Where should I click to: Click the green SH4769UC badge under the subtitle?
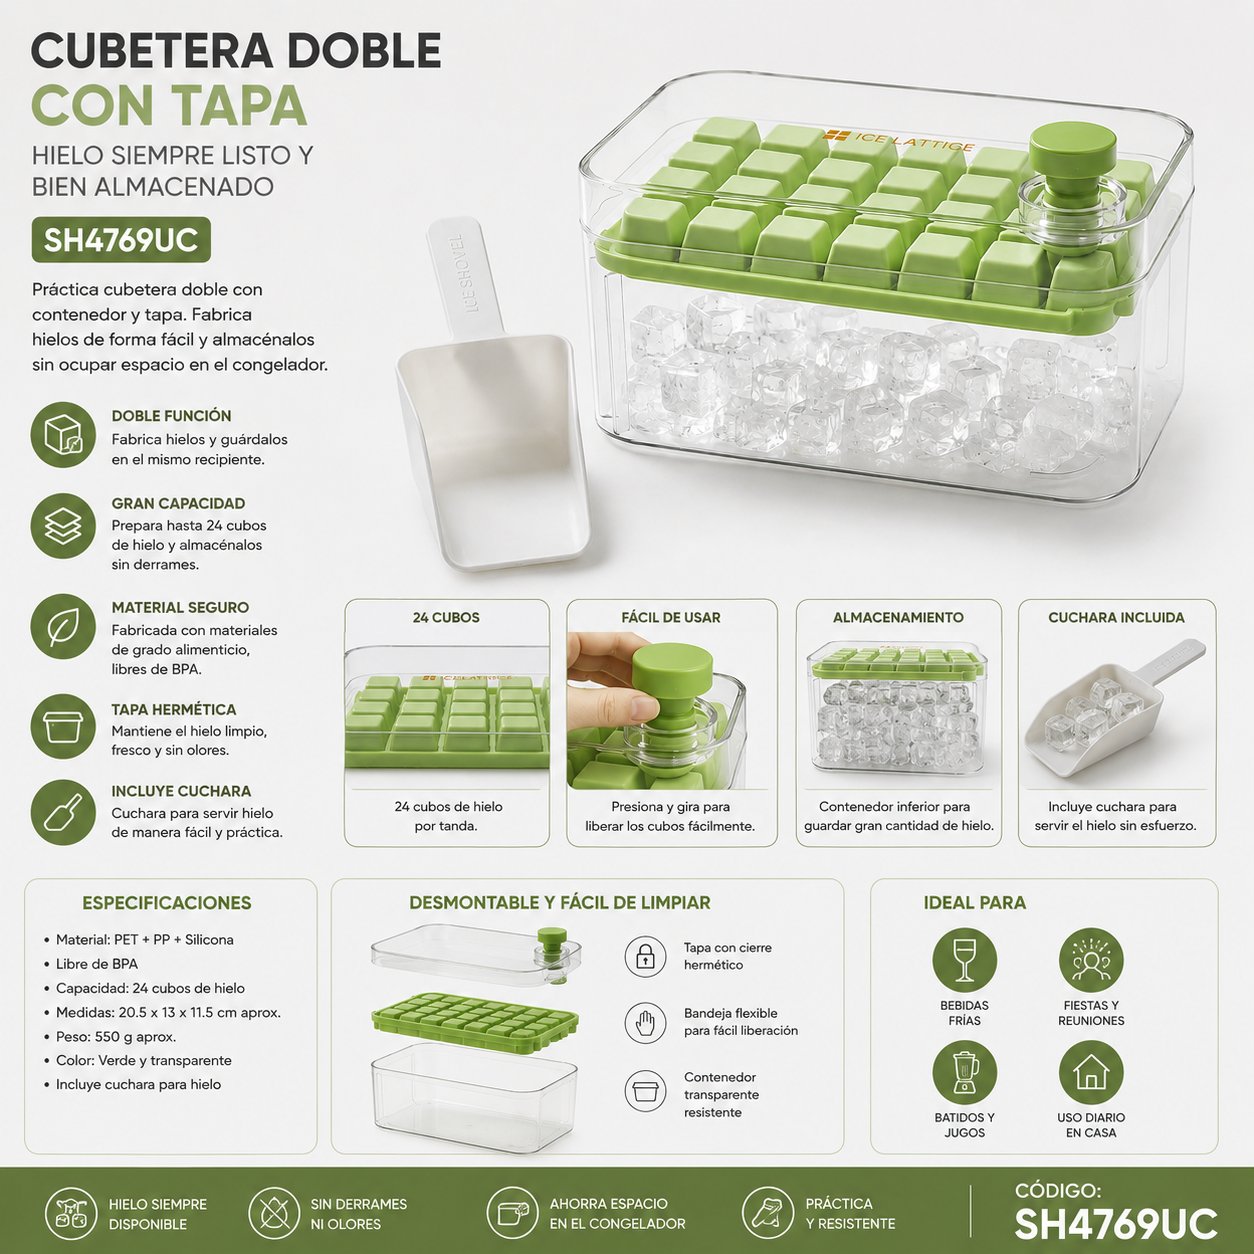[x=121, y=239]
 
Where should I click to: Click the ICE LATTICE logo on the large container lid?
[x=899, y=142]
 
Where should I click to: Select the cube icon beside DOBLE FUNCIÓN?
[x=63, y=435]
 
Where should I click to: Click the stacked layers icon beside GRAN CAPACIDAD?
[x=63, y=526]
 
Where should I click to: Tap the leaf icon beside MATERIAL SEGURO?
[x=63, y=626]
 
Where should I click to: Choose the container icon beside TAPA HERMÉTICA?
[x=63, y=726]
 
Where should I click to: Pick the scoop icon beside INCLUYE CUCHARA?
[x=63, y=813]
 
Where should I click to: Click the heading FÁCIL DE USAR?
[x=671, y=618]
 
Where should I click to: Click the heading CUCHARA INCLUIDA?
[x=1116, y=618]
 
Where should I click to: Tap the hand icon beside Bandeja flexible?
[x=645, y=1023]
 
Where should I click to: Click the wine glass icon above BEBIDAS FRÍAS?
[x=964, y=960]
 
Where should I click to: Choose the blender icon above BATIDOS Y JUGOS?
[x=964, y=1072]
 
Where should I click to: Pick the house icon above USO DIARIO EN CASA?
[x=1091, y=1072]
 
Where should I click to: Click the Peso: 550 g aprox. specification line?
[x=116, y=1037]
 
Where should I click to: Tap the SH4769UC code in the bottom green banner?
[x=1115, y=1223]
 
